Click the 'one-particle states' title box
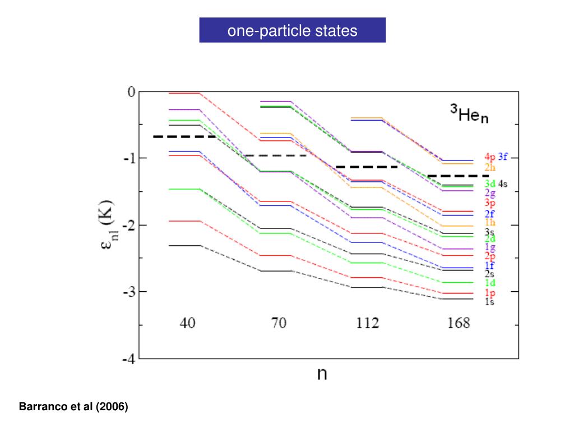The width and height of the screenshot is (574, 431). click(x=292, y=30)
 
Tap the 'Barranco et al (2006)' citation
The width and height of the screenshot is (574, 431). click(x=74, y=406)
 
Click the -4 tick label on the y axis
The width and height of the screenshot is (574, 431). click(x=128, y=359)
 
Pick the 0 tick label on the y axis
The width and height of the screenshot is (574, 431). click(x=132, y=91)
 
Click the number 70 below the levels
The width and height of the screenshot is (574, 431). click(x=279, y=323)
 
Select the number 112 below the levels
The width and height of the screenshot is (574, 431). click(x=367, y=323)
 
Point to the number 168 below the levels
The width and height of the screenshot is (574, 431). click(x=458, y=323)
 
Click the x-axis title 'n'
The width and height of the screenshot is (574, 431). click(x=322, y=374)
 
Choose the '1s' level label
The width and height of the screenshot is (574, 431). click(x=489, y=301)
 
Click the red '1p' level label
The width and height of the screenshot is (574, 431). click(x=489, y=293)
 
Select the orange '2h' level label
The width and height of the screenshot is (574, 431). click(x=490, y=167)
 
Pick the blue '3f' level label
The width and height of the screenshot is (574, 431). click(x=503, y=157)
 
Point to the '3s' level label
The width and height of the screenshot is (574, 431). click(x=489, y=231)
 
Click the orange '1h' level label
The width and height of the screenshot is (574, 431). click(x=490, y=222)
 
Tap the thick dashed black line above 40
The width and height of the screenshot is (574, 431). click(x=185, y=136)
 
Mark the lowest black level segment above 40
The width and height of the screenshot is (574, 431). click(x=185, y=245)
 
